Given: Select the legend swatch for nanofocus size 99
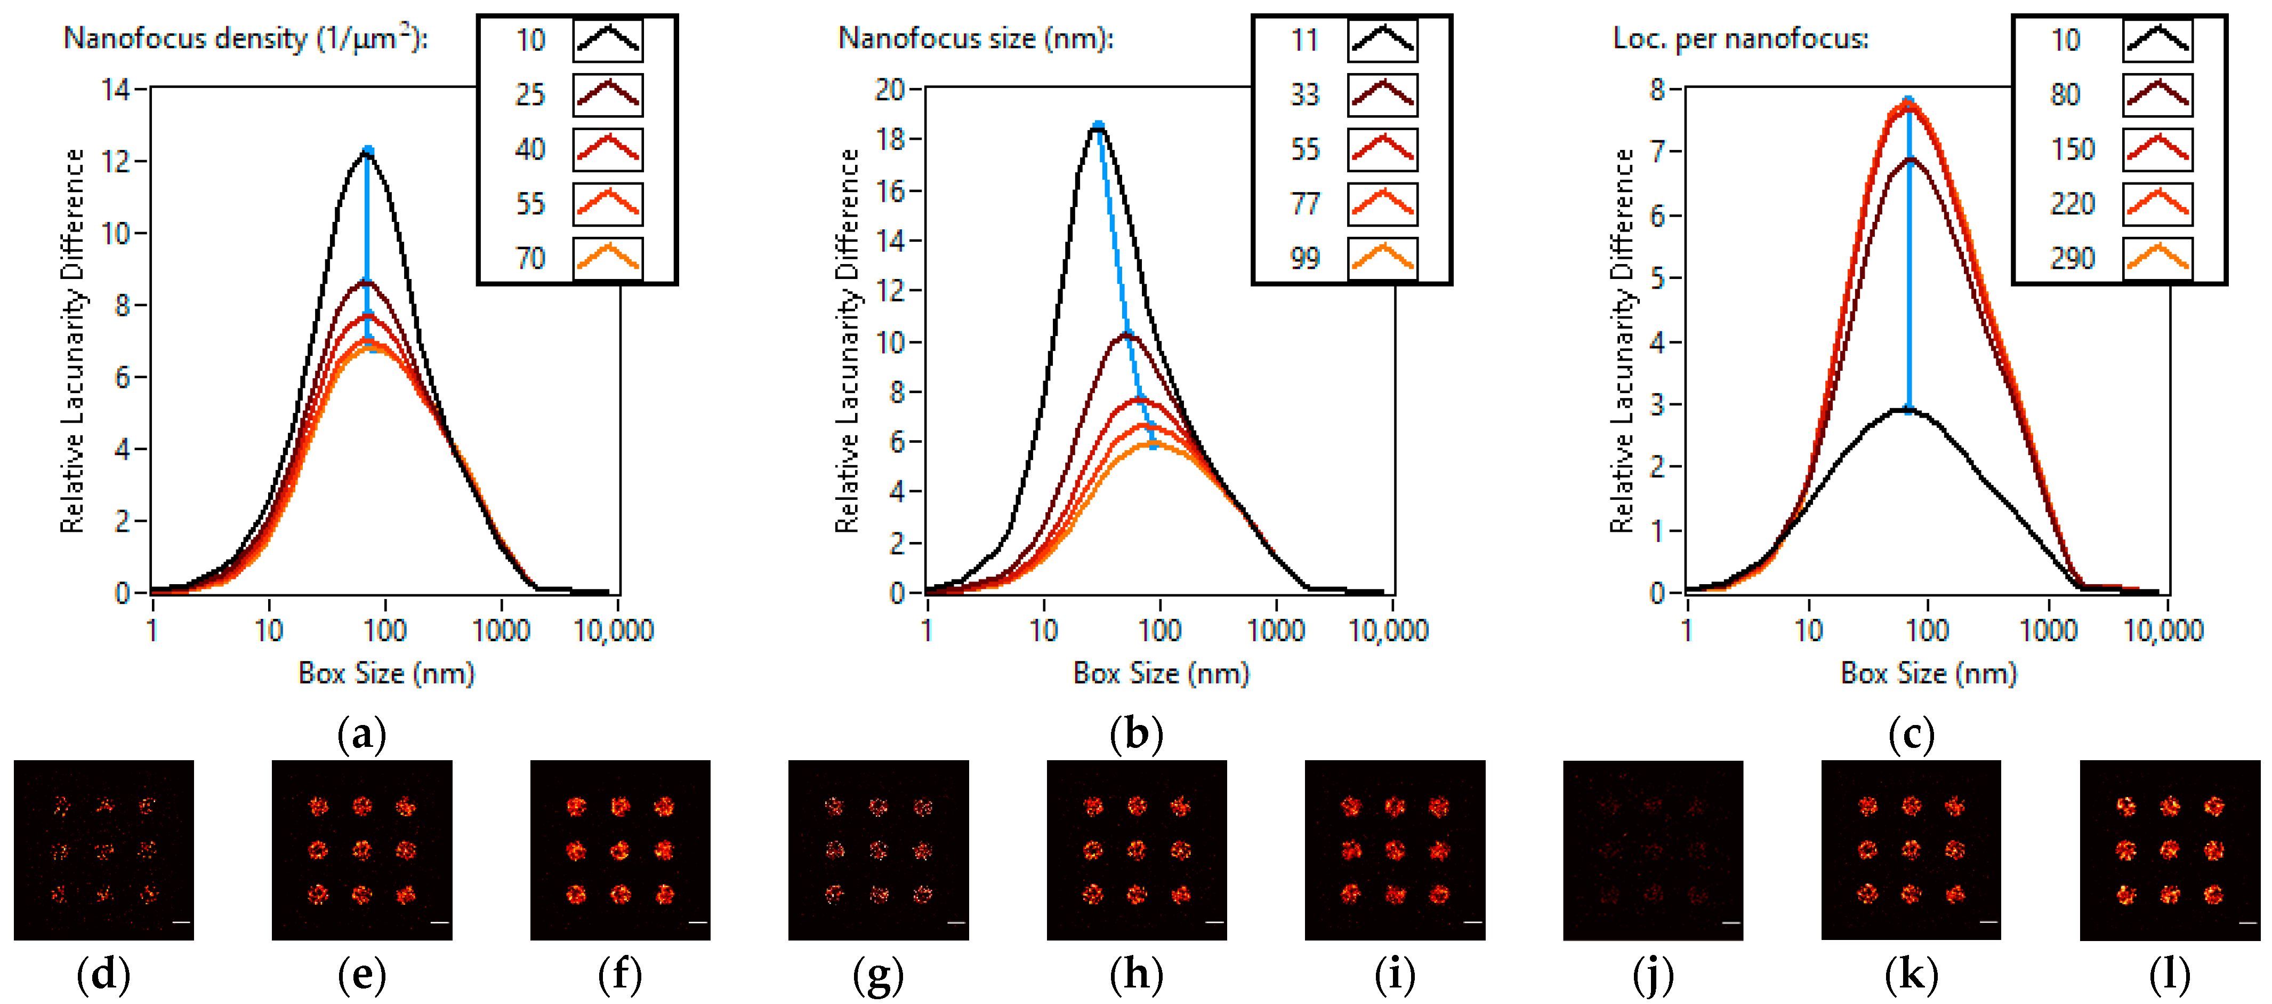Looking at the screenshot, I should point(1382,259).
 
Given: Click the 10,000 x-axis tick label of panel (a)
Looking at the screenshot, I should point(614,631).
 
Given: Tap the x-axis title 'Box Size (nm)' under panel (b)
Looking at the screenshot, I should point(1161,674).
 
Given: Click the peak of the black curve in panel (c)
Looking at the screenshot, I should point(1910,409).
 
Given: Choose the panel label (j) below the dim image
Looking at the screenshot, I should point(1653,975).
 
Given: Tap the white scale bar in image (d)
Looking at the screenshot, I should point(181,923).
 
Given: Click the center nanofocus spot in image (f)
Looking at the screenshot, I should point(620,850).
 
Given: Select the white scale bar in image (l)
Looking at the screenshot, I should point(2247,923).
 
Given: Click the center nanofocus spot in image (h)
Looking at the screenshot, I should point(1137,850).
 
